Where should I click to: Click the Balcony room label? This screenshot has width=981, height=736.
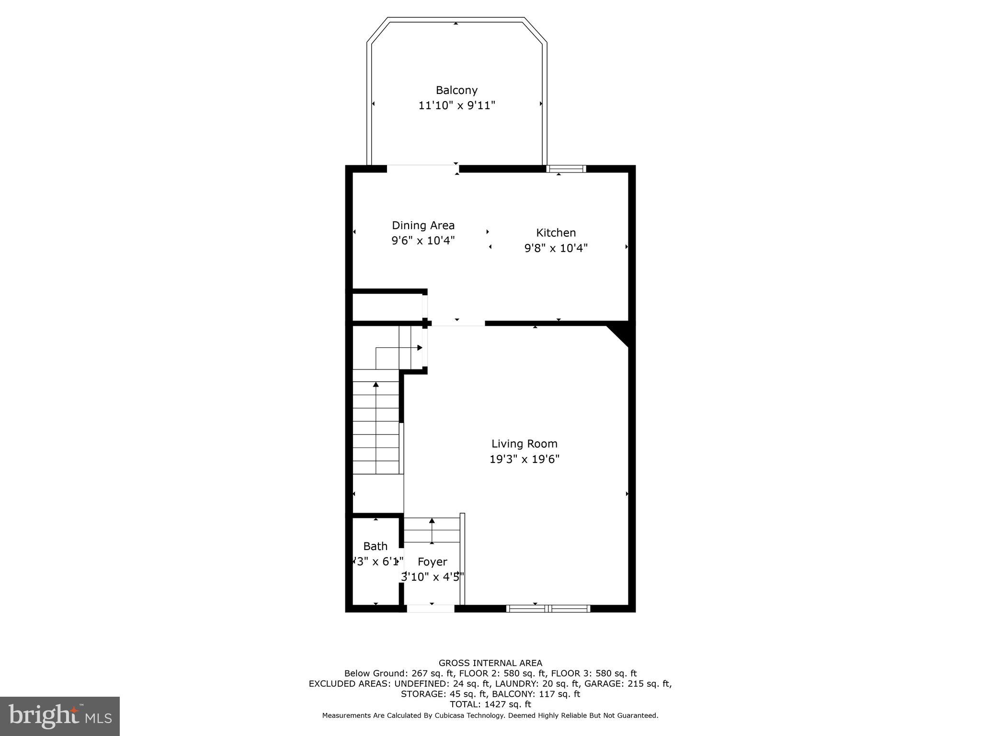pyautogui.click(x=456, y=90)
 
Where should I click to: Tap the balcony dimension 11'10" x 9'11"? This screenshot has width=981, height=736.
pyautogui.click(x=456, y=105)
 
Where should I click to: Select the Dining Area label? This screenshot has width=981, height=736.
pyautogui.click(x=423, y=225)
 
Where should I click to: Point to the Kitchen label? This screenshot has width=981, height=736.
pyautogui.click(x=556, y=233)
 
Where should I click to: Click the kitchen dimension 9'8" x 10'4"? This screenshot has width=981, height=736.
pyautogui.click(x=556, y=248)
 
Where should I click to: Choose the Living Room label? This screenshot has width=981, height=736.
pyautogui.click(x=524, y=444)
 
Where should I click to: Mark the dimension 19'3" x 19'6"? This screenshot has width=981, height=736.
pyautogui.click(x=524, y=459)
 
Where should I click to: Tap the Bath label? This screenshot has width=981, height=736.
pyautogui.click(x=375, y=546)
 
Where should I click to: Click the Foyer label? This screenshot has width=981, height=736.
pyautogui.click(x=432, y=562)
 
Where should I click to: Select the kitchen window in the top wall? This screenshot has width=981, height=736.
pyautogui.click(x=566, y=169)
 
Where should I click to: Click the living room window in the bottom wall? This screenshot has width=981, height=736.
pyautogui.click(x=548, y=609)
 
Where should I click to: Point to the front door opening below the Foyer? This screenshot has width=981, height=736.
pyautogui.click(x=431, y=609)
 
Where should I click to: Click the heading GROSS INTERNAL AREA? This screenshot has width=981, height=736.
pyautogui.click(x=490, y=663)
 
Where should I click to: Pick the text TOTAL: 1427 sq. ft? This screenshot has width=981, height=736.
pyautogui.click(x=490, y=704)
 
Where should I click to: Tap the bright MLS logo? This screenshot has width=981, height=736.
pyautogui.click(x=60, y=716)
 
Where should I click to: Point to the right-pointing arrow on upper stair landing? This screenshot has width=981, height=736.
pyautogui.click(x=420, y=348)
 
